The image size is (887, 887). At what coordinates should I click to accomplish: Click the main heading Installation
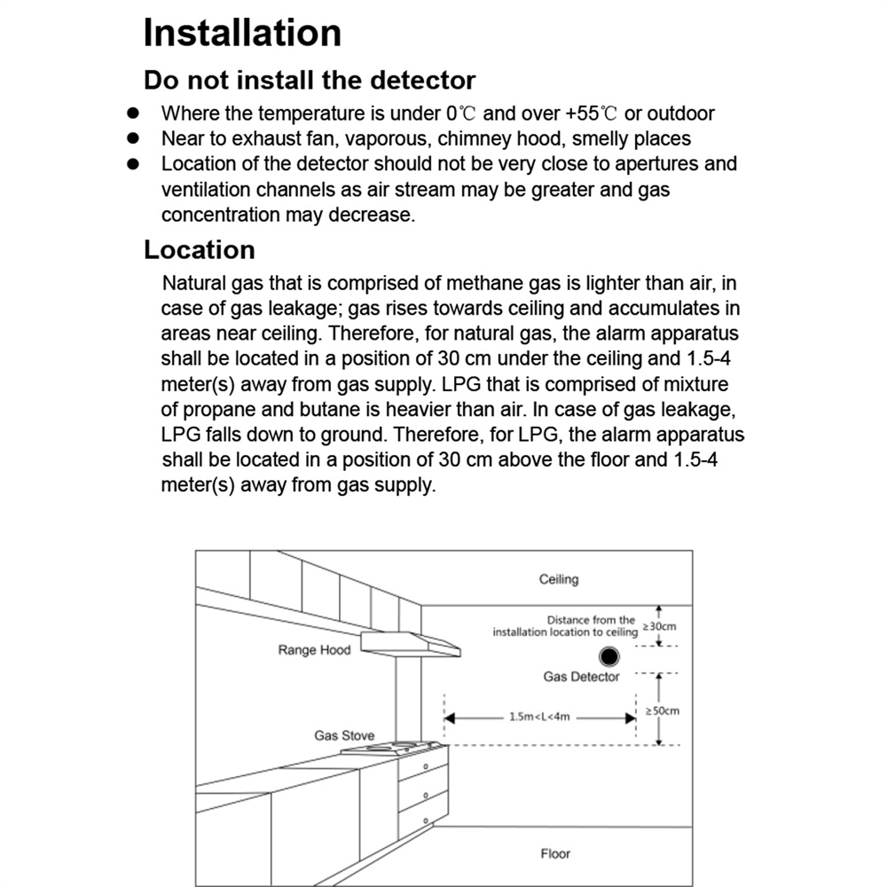242,33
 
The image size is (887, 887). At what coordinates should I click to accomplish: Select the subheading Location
199,250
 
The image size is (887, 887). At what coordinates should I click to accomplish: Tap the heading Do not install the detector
310,80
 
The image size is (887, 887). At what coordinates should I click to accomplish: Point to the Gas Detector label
581,677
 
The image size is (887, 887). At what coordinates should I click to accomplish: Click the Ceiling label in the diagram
558,579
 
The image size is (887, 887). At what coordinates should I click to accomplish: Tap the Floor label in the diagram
555,853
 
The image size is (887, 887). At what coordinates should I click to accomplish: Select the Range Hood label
314,650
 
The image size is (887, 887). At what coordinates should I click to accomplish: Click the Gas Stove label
344,735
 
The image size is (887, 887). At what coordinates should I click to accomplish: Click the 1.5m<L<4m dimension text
539,717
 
